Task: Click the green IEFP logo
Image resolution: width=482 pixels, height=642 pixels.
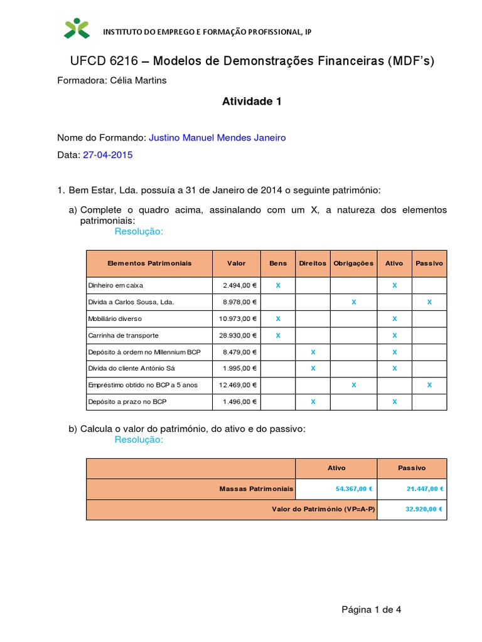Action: [77, 28]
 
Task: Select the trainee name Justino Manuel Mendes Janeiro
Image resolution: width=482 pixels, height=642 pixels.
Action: [217, 137]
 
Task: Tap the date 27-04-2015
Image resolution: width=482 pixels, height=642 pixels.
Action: [107, 155]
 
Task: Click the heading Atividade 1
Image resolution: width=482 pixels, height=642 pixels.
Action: [252, 102]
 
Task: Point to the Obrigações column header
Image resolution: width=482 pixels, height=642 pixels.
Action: [353, 263]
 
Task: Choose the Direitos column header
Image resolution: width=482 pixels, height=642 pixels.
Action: [313, 263]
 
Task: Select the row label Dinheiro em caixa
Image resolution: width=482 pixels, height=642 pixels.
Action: [115, 285]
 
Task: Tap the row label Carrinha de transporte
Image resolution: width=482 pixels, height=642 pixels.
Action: [123, 335]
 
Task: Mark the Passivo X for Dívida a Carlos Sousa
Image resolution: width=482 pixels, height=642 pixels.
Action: [429, 302]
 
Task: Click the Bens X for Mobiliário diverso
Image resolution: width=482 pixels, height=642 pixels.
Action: [278, 319]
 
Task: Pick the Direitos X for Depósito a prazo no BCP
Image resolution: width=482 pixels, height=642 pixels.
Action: [313, 401]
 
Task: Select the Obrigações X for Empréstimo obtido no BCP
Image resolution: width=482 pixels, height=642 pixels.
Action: [353, 385]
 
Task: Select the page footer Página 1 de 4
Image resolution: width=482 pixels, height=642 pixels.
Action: [371, 609]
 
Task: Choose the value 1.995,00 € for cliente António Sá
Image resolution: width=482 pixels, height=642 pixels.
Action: [240, 368]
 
